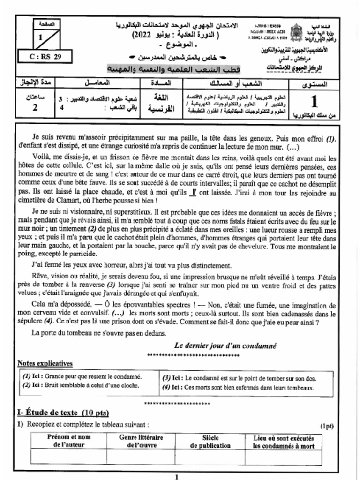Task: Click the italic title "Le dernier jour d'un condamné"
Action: [225, 345]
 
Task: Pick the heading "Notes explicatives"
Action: [45, 363]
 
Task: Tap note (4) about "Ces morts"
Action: [238, 388]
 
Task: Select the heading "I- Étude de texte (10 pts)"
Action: [63, 412]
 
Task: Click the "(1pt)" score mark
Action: [327, 426]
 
